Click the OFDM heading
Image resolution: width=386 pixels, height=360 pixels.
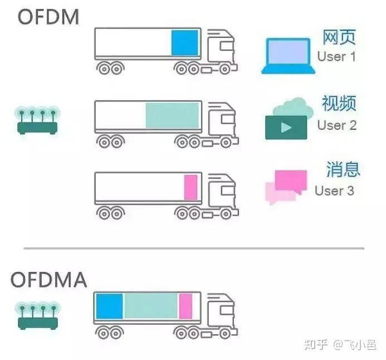click(48, 17)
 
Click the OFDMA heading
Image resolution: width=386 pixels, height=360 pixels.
click(50, 279)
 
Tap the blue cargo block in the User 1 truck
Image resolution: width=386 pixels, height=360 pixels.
click(184, 43)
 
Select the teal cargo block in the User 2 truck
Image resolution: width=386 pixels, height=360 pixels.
click(172, 115)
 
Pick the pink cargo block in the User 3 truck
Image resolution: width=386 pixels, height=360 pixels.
click(190, 187)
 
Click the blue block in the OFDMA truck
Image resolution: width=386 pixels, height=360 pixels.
click(109, 306)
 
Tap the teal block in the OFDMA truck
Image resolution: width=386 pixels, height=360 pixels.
click(150, 306)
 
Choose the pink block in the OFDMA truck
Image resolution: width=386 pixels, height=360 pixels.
click(185, 306)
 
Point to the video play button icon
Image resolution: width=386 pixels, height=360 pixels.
click(286, 127)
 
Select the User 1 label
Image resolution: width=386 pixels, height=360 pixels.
click(336, 56)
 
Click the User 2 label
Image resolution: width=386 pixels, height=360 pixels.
click(337, 125)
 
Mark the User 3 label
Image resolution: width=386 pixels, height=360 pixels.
click(334, 191)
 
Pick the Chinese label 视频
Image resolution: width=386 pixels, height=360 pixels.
click(339, 104)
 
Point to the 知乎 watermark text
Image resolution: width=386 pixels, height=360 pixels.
click(316, 343)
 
